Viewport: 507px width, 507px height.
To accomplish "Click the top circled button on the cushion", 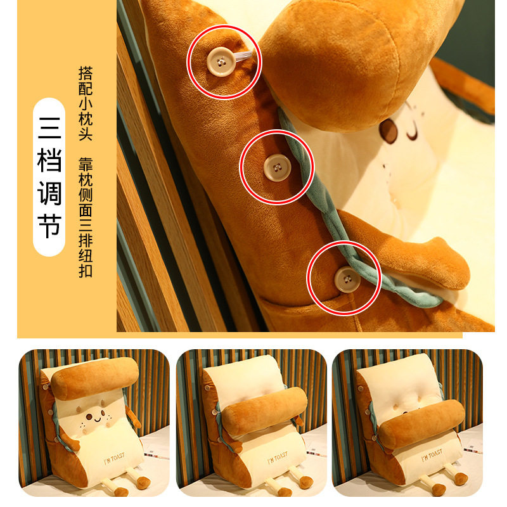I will [219, 61].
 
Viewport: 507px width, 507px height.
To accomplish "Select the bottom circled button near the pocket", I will [345, 277].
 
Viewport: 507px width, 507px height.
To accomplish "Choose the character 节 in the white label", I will [49, 227].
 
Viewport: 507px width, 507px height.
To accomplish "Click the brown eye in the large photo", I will [388, 131].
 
